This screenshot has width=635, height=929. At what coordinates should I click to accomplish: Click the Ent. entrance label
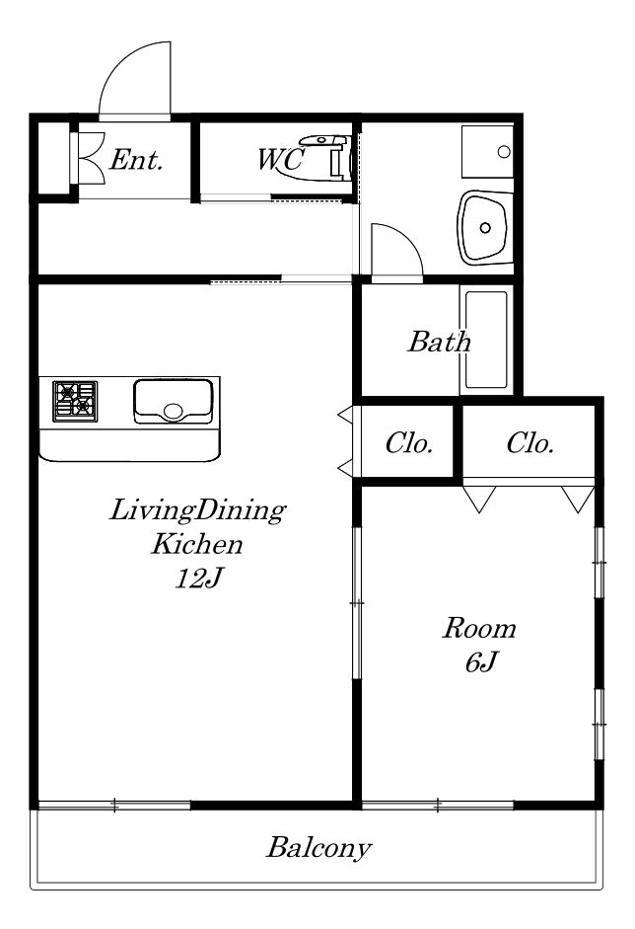(x=136, y=160)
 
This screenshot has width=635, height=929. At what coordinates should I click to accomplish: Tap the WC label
(x=282, y=159)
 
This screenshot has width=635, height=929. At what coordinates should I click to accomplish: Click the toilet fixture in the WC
(x=326, y=157)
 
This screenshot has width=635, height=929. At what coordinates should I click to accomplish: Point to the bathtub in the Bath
(x=485, y=340)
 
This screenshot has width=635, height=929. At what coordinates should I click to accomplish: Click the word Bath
(x=439, y=342)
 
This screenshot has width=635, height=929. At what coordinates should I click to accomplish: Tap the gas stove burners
(x=75, y=401)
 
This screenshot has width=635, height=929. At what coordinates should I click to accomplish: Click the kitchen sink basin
(x=173, y=401)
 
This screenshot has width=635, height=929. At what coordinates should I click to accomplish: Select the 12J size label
(x=197, y=579)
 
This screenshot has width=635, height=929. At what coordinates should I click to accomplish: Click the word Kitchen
(x=196, y=544)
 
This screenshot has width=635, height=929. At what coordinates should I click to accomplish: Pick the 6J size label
(x=479, y=662)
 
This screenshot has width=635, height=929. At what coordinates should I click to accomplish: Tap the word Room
(x=479, y=628)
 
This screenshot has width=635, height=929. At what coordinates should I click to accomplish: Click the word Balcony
(x=319, y=848)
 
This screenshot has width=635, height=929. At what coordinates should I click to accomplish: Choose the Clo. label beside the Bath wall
(x=409, y=443)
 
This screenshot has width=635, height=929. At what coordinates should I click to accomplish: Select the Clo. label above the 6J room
(x=530, y=443)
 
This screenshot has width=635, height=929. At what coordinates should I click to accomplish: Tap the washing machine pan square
(x=487, y=151)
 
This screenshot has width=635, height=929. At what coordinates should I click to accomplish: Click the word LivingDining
(x=197, y=510)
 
